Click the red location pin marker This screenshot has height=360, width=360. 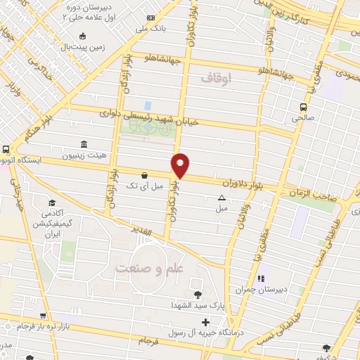pyautogui.click(x=181, y=165)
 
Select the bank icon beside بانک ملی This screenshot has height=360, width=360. pyautogui.click(x=151, y=18)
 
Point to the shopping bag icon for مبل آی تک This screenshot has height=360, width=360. pyautogui.click(x=144, y=175)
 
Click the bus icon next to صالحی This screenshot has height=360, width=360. pyautogui.click(x=303, y=107)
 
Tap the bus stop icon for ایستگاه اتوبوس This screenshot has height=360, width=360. pyautogui.click(x=6, y=150)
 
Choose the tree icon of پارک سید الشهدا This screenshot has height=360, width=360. pyautogui.click(x=196, y=294)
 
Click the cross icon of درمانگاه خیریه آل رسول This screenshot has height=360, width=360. pyautogui.click(x=205, y=321)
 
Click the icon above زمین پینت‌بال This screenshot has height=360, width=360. pyautogui.click(x=83, y=37)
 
